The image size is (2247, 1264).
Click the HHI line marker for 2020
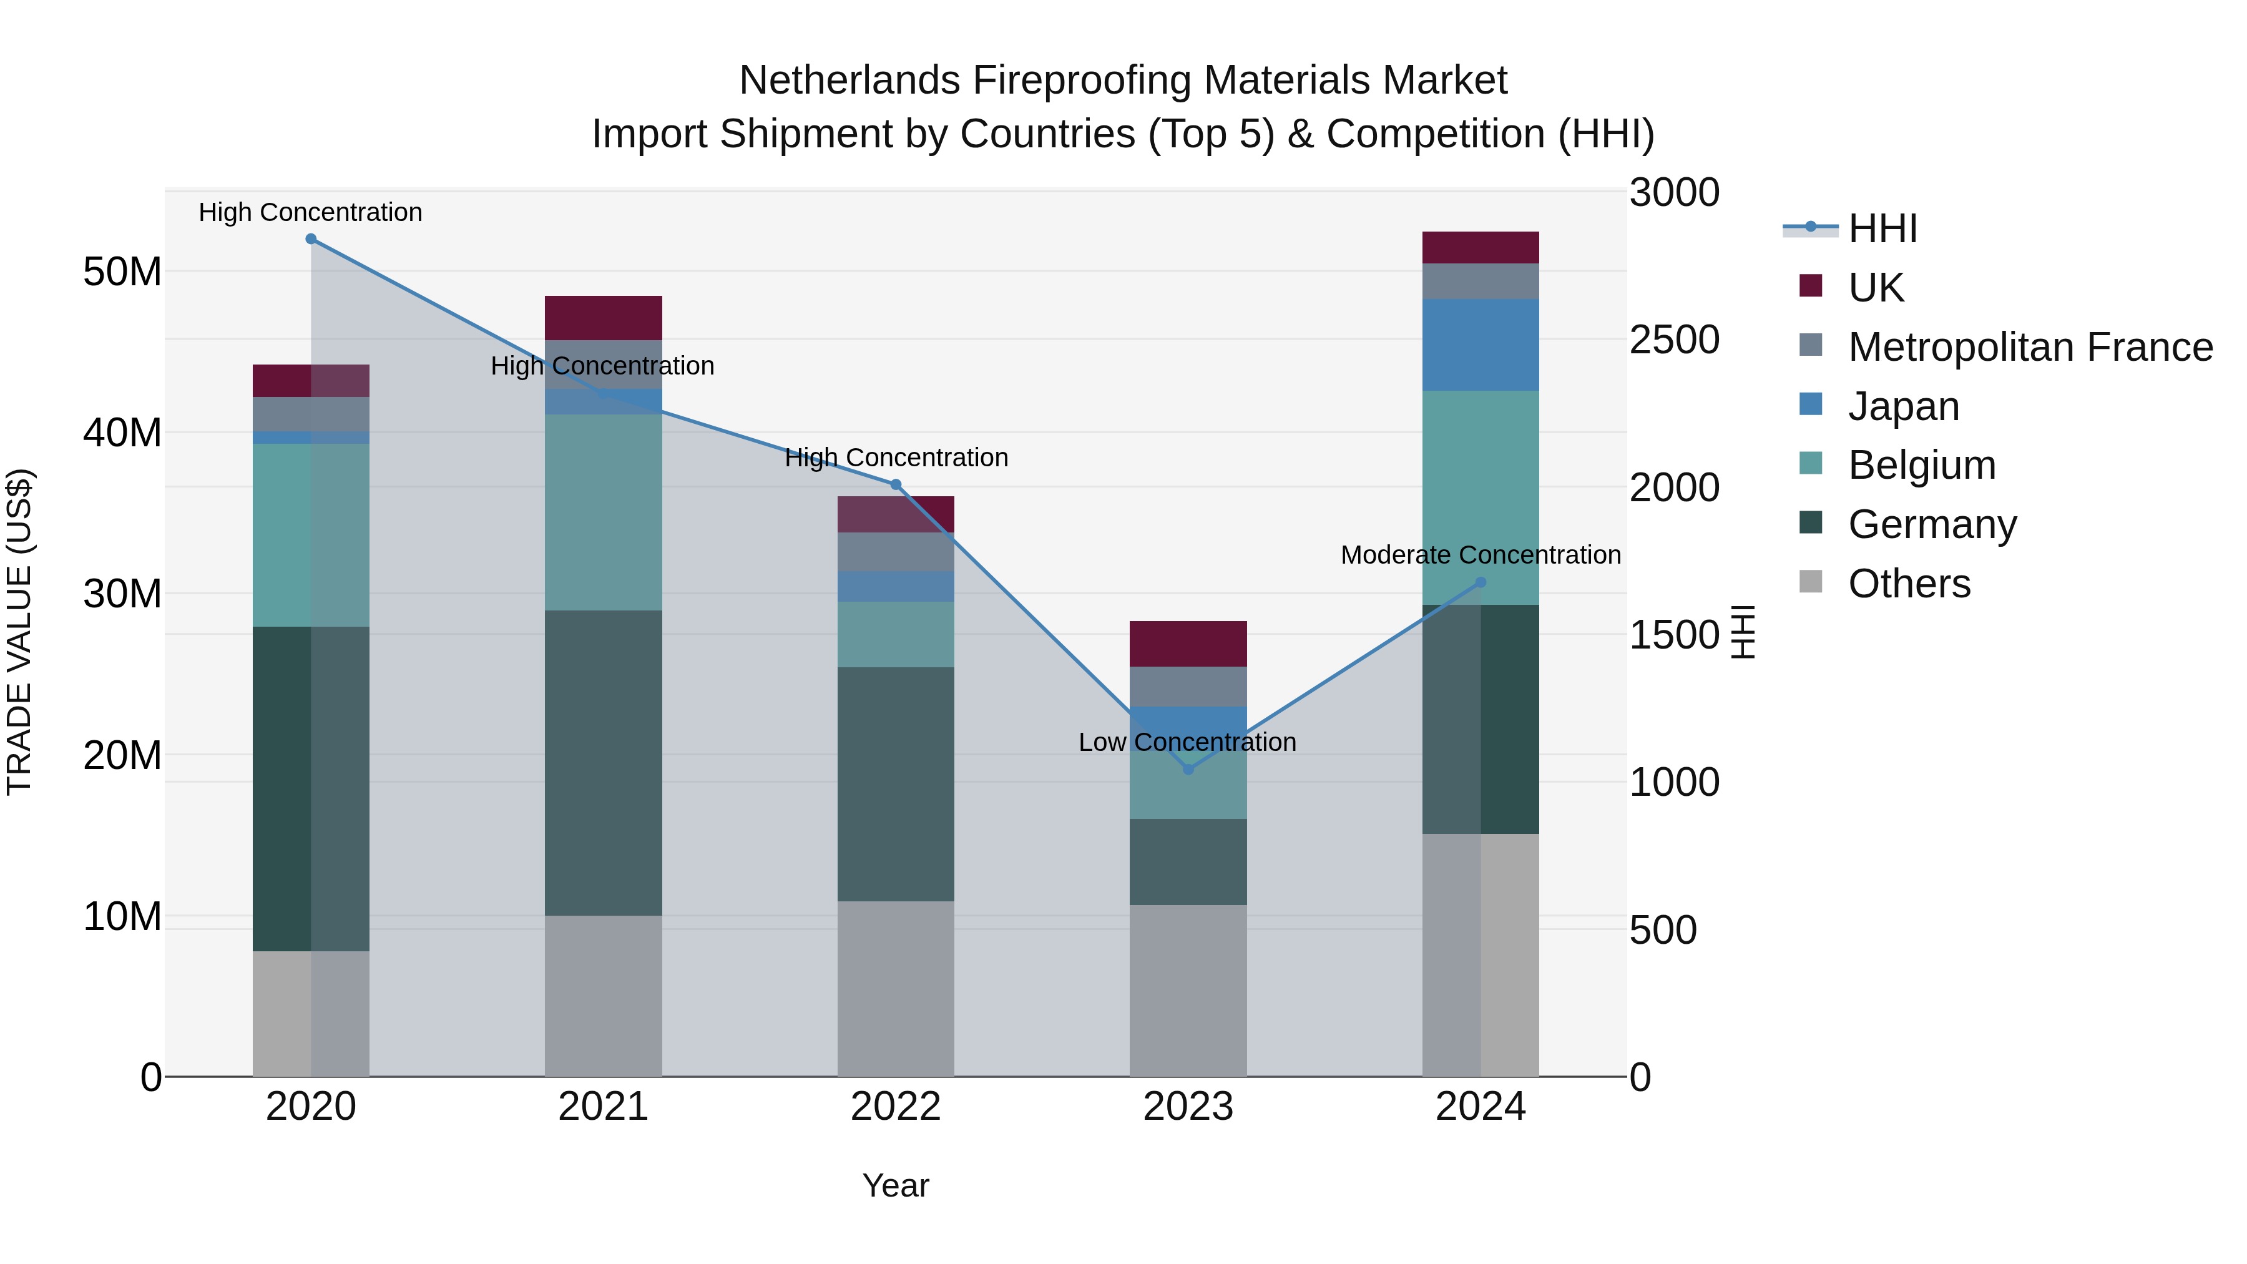click(x=311, y=239)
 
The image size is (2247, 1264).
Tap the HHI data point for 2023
click(x=1187, y=770)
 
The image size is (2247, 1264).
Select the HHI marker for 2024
click(x=1481, y=583)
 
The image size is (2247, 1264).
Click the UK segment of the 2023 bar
click(x=1187, y=644)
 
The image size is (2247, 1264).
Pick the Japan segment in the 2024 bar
click(x=1481, y=345)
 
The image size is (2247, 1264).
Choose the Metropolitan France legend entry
click(x=2030, y=347)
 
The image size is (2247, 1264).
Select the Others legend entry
click(x=1909, y=584)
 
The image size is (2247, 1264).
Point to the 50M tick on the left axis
click(x=122, y=272)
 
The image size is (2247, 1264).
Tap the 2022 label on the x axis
click(x=895, y=1107)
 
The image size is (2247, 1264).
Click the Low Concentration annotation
click(x=1187, y=742)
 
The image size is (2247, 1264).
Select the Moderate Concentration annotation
click(x=1481, y=555)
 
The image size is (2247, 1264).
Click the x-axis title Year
click(x=895, y=1185)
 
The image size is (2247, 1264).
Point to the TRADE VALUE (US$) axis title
click(x=19, y=632)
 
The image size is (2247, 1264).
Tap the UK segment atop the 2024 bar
click(x=1481, y=248)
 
